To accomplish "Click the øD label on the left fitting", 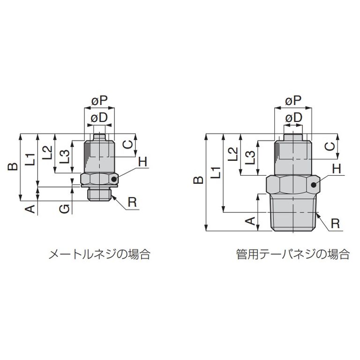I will click(x=100, y=118).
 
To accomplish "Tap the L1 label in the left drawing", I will click(x=30, y=159).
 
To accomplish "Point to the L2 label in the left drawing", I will click(x=47, y=153).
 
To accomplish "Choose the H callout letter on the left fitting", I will click(x=143, y=162).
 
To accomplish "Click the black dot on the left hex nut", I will click(x=115, y=179).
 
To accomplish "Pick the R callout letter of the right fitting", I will click(x=335, y=223).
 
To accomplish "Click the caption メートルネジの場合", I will click(x=99, y=255).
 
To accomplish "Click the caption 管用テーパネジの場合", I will click(x=293, y=255).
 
